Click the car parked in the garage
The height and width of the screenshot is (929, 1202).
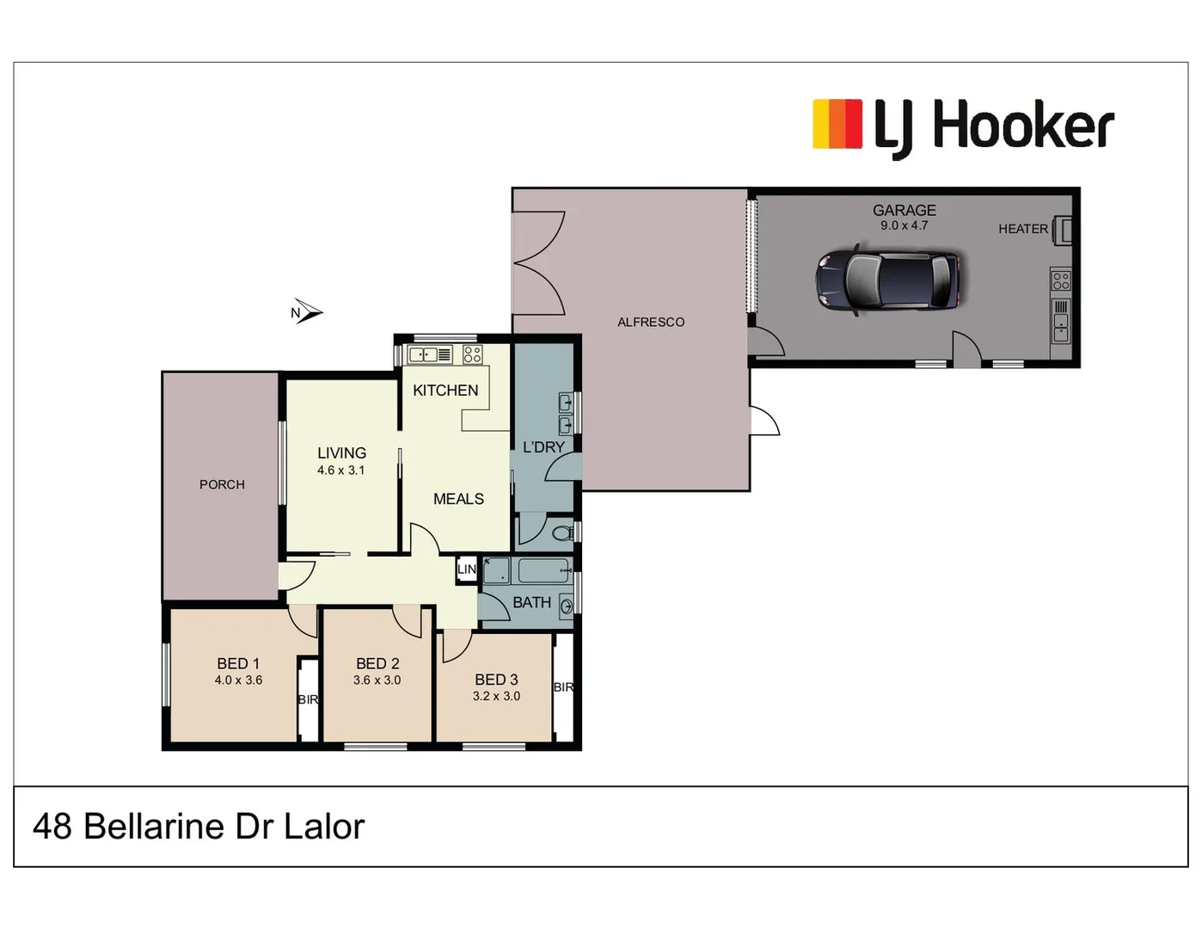point(887,280)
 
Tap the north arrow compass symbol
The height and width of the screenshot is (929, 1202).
point(307,312)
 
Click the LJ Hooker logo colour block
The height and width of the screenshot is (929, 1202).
point(837,125)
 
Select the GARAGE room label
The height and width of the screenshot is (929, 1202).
point(904,210)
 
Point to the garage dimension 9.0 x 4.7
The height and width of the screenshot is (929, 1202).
point(904,225)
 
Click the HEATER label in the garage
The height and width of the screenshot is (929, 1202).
point(1022,229)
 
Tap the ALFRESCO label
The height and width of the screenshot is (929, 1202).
point(651,322)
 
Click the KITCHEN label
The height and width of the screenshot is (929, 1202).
point(445,391)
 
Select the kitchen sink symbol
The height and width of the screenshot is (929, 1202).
point(430,354)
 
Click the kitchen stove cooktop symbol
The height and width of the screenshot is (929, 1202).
point(472,354)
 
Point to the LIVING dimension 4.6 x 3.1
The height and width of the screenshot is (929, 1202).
point(340,471)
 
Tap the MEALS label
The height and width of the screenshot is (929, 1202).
point(458,499)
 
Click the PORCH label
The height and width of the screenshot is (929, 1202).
point(222,484)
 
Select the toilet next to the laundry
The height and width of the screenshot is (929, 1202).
point(562,533)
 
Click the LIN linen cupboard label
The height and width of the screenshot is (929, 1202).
point(466,569)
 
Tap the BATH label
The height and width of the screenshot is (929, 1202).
point(531,603)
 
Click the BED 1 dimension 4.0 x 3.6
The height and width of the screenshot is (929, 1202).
point(238,680)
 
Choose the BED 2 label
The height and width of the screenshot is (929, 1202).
point(377,663)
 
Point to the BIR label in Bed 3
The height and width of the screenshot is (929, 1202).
point(563,687)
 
